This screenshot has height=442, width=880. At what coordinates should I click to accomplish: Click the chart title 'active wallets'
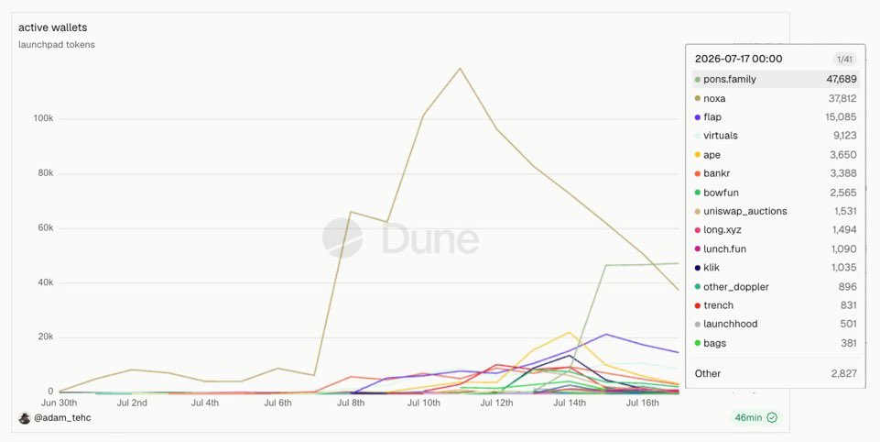53,28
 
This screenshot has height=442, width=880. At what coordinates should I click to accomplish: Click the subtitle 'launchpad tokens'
57,44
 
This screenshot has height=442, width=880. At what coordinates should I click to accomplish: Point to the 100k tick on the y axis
43,119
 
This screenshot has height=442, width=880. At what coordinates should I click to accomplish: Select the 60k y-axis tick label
43,227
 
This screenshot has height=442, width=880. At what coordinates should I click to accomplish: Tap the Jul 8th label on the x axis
351,403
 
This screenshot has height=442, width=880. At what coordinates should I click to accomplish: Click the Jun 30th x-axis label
59,403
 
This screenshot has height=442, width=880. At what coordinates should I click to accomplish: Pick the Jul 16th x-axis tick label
643,403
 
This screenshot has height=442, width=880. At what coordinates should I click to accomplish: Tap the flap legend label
712,117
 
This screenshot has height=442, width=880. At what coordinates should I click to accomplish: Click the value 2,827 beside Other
843,373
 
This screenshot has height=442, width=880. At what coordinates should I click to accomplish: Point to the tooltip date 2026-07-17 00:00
739,59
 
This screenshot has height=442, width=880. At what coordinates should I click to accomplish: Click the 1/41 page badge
844,59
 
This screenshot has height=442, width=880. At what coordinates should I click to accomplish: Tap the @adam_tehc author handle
62,418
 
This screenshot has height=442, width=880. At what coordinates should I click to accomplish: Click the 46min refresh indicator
756,417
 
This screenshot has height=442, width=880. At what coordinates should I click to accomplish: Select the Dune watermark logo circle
342,238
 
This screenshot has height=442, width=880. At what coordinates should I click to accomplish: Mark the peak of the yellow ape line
570,332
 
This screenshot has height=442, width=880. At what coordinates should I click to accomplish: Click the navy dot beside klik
698,268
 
